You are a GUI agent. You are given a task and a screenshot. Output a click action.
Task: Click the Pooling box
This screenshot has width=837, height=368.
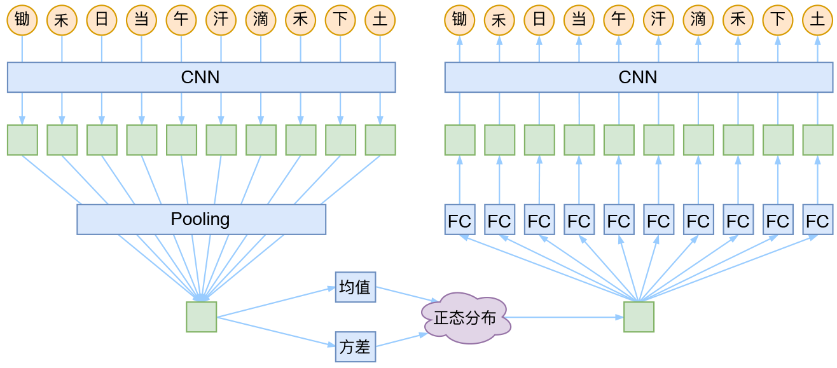201,219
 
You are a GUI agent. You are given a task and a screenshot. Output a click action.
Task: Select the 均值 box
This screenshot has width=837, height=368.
356,287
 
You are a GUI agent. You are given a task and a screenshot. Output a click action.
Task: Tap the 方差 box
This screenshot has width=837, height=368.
356,347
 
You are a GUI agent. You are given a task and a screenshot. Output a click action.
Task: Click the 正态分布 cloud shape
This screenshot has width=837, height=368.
466,318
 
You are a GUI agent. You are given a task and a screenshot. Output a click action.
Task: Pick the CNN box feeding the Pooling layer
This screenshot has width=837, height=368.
201,77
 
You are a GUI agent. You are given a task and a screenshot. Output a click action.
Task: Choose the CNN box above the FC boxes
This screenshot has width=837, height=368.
639,77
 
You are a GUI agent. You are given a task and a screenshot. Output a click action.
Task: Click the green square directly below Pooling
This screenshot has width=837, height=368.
201,317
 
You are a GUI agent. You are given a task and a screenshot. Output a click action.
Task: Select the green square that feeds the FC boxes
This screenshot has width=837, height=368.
639,317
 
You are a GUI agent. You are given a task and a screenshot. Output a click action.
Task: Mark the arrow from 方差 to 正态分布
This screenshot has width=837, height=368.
401,341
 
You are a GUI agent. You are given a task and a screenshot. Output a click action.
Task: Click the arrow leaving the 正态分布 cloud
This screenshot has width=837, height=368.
566,317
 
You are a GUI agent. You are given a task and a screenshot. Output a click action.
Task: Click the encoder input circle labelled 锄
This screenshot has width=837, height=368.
22,20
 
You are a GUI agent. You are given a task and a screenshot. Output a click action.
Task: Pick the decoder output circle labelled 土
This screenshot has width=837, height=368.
817,20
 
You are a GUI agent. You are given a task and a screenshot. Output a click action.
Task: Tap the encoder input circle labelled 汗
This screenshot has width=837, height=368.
221,20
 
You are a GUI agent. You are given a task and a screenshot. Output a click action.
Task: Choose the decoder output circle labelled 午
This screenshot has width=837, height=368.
618,20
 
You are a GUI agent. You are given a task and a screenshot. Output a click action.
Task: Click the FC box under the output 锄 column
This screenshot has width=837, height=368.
459,220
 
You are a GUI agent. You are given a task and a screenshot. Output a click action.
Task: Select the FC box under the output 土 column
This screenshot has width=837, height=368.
817,220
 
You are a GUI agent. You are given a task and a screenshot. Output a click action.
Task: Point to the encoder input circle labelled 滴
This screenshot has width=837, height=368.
261,20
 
